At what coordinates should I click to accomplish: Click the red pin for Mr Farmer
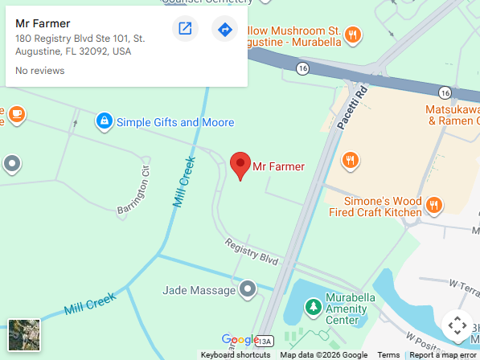coord(240,165)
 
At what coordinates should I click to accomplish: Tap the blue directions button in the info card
coord(224,30)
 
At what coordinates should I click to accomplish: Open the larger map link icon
coord(185,30)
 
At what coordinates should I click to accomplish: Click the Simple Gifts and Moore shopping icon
coord(103,121)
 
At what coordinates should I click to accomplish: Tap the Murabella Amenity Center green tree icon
coord(311,306)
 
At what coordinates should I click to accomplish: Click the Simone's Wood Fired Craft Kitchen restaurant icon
coord(433,205)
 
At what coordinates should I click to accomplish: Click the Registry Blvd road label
coord(252,252)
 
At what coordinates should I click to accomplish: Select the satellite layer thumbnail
coord(24,334)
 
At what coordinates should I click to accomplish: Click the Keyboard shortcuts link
coord(236,355)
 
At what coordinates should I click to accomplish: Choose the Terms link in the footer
coord(388,355)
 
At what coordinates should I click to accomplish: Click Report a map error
coord(443,355)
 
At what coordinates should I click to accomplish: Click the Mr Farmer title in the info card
coord(43,23)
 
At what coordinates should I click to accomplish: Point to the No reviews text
coord(40,71)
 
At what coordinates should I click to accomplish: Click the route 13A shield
coord(266,340)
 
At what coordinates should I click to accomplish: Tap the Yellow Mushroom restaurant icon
coord(351,34)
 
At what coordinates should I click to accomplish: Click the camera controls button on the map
coord(457,325)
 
